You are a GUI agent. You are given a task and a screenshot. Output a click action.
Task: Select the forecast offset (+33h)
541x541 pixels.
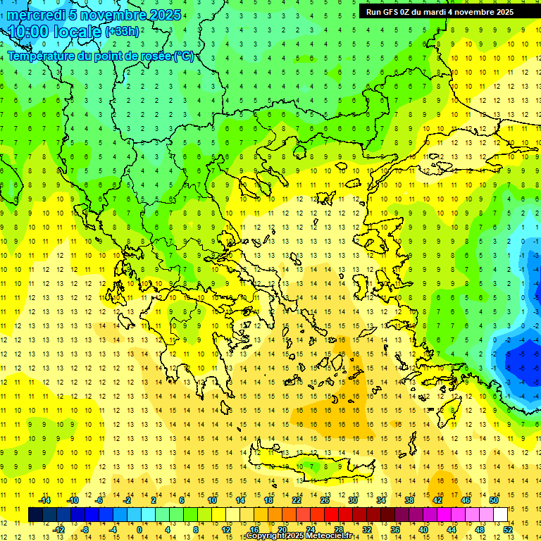click(123, 32)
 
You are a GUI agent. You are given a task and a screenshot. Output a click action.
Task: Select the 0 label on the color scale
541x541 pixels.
click(139, 529)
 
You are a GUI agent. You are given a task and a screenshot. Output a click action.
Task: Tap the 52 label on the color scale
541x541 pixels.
click(508, 529)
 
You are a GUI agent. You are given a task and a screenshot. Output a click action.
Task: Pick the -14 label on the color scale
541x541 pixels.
click(45, 500)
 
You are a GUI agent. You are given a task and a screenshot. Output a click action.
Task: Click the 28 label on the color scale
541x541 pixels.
click(338, 529)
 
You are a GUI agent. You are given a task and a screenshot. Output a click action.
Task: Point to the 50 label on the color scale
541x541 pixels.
click(494, 500)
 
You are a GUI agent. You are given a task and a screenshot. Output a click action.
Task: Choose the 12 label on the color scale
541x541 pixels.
click(227, 529)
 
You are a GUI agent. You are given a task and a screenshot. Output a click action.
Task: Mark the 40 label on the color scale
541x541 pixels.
click(423, 529)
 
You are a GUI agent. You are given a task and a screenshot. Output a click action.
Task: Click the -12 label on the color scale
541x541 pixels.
click(58, 529)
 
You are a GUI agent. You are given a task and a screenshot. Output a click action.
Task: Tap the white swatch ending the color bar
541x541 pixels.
click(501, 515)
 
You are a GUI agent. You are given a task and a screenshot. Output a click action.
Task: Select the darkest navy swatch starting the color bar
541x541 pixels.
click(35, 515)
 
